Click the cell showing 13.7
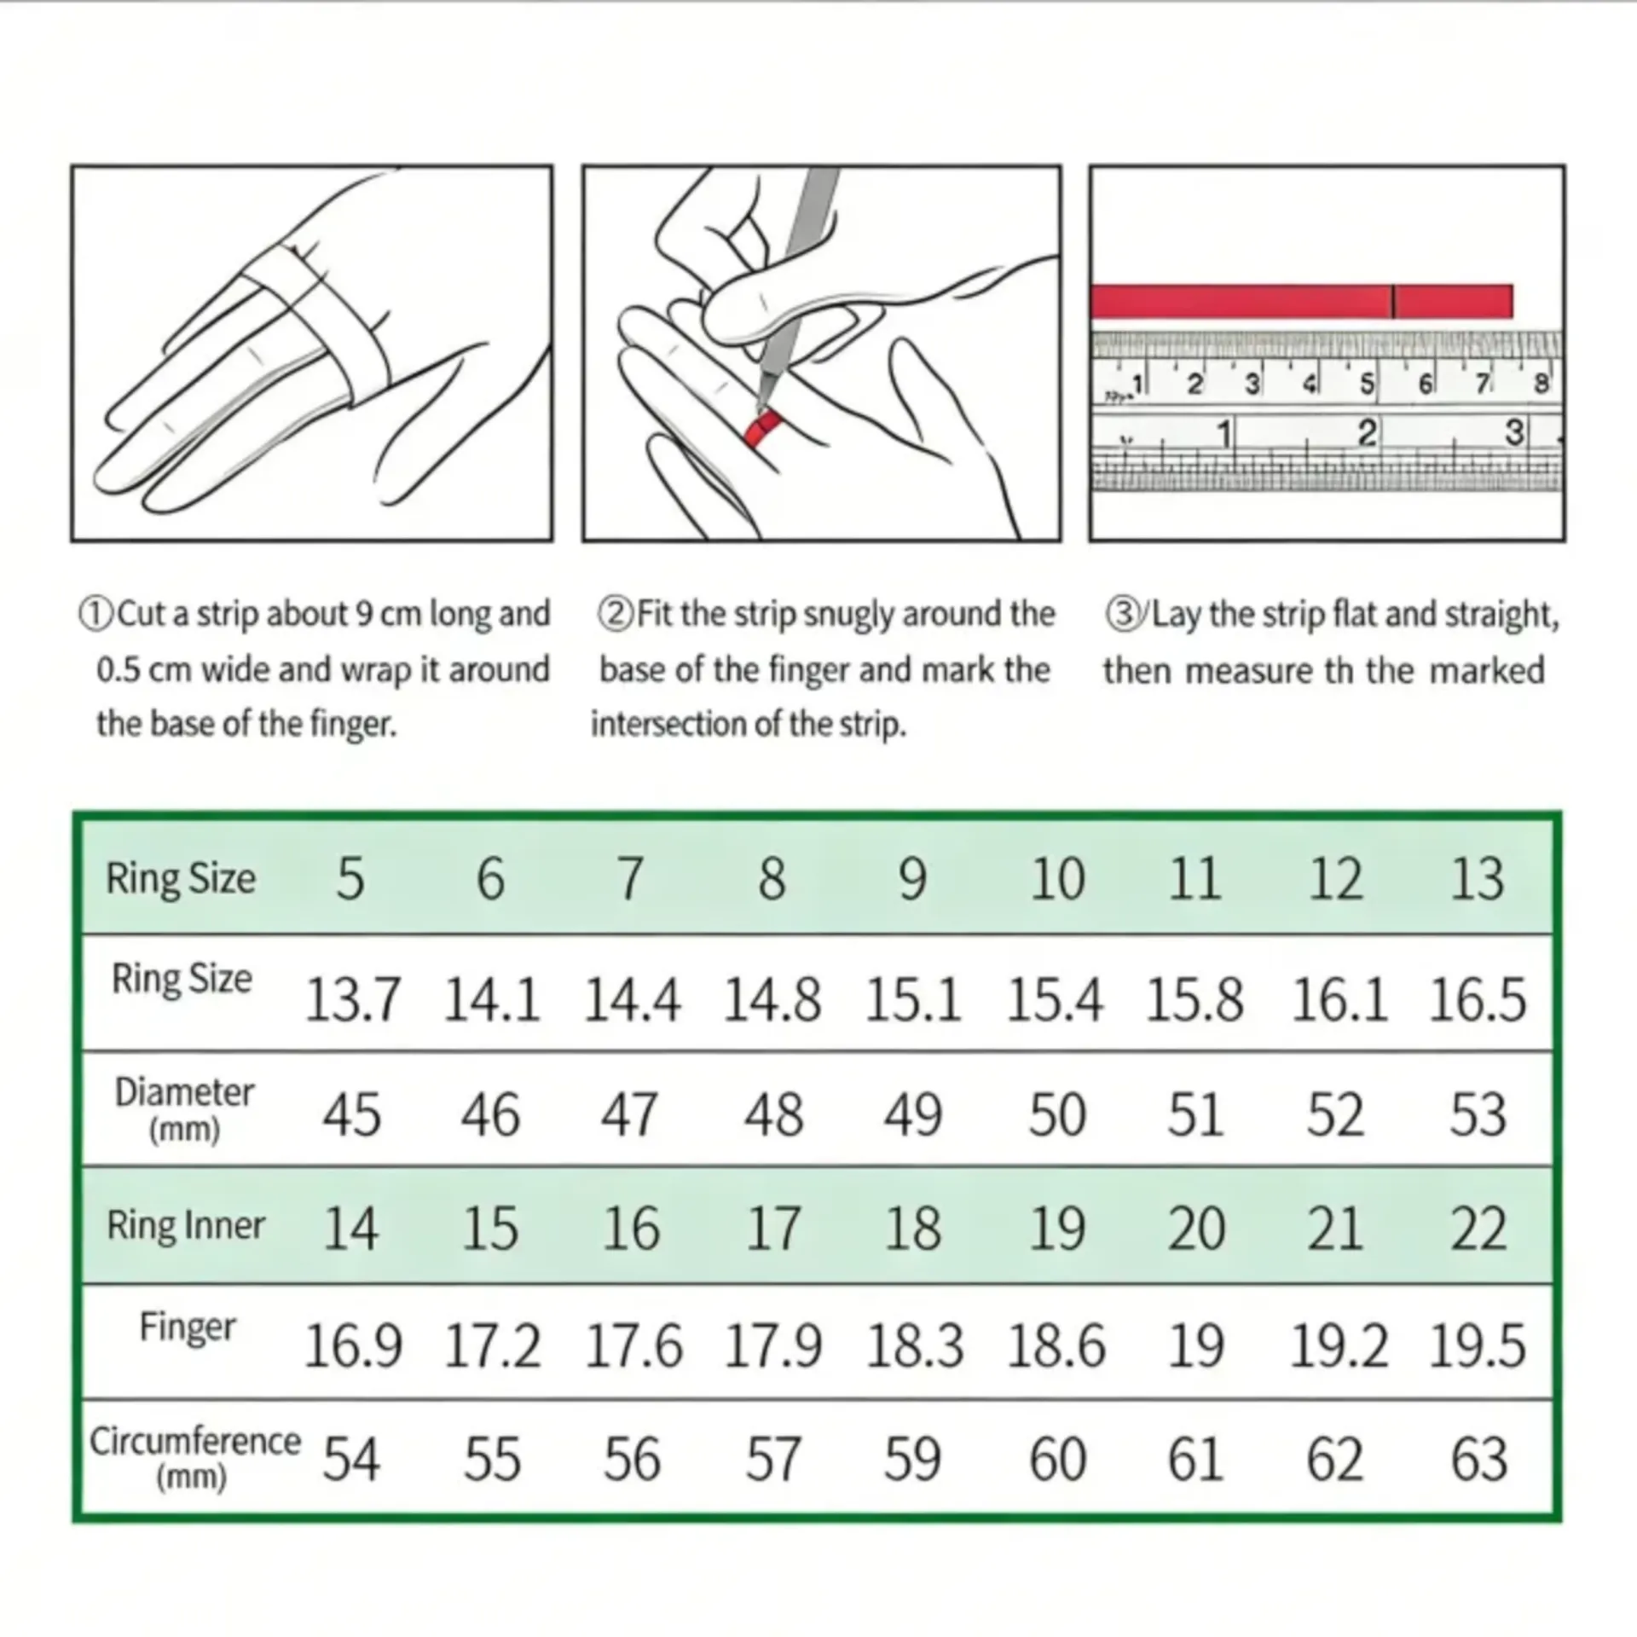pyautogui.click(x=352, y=999)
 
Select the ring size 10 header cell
pyautogui.click(x=1057, y=879)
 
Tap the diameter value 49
pyautogui.click(x=912, y=1114)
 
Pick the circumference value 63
pyautogui.click(x=1478, y=1459)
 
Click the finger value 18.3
pyautogui.click(x=914, y=1346)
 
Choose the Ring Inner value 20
pyautogui.click(x=1196, y=1229)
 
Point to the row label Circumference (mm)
pyautogui.click(x=194, y=1458)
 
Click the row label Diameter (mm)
pyautogui.click(x=184, y=1109)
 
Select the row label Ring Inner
pyautogui.click(x=186, y=1225)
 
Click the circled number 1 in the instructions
pyautogui.click(x=95, y=613)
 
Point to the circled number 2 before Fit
pyautogui.click(x=615, y=613)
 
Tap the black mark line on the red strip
pyautogui.click(x=1393, y=301)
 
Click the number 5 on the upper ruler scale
pyautogui.click(x=1367, y=385)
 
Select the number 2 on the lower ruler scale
pyautogui.click(x=1367, y=434)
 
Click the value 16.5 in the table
pyautogui.click(x=1478, y=999)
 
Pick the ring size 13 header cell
pyautogui.click(x=1478, y=879)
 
